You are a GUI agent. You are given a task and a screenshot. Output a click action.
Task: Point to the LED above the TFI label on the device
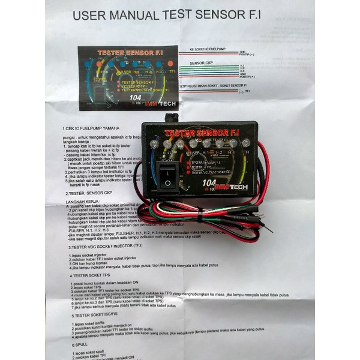coord(246,143)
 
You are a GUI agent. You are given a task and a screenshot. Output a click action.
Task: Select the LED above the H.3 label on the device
coord(233,143)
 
